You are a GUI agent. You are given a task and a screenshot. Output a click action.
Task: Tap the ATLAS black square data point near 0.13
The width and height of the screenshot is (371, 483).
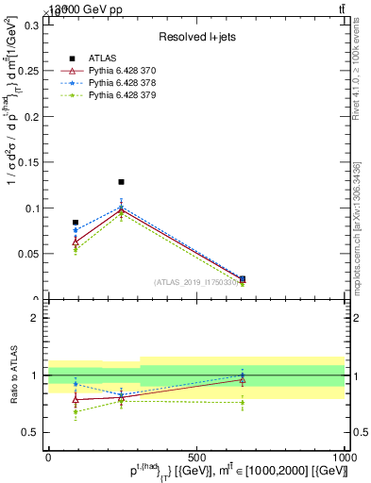click(121, 182)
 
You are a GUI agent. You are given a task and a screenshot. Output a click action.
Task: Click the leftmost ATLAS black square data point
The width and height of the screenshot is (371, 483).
click(76, 223)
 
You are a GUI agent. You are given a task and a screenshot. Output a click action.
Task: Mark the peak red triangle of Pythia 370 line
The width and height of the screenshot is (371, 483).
click(121, 209)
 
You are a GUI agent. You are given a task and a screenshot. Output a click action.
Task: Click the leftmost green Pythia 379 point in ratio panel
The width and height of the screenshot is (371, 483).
click(76, 412)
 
